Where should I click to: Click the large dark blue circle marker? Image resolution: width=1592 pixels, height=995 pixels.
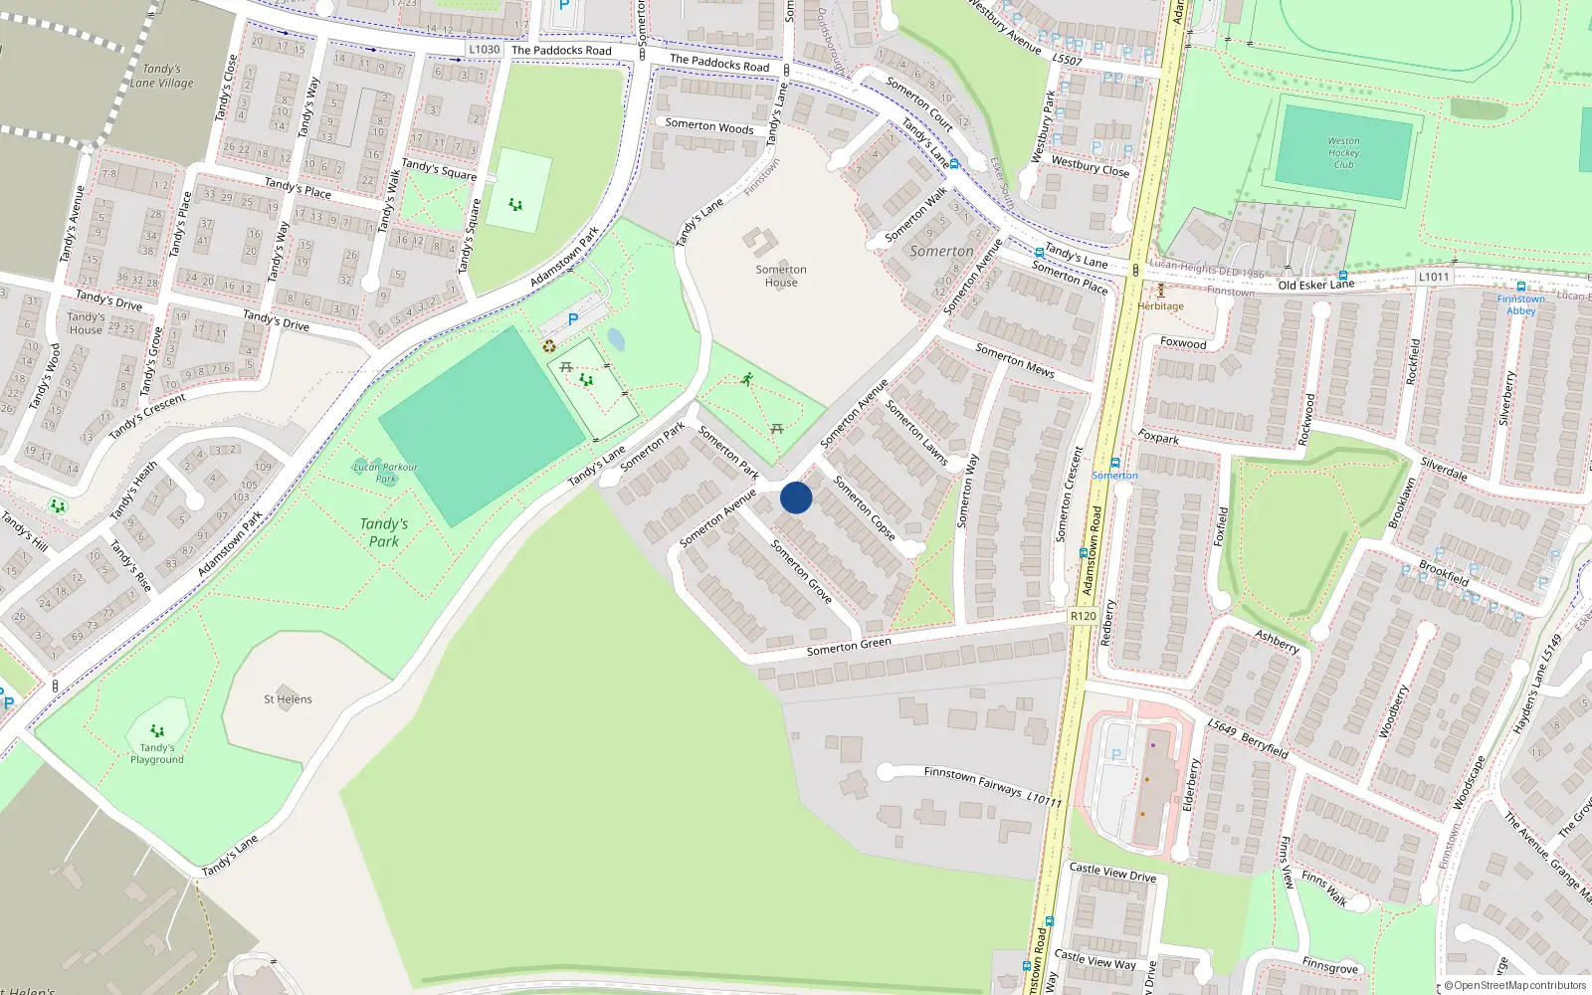(x=796, y=497)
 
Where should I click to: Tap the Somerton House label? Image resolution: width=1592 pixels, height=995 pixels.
(x=781, y=276)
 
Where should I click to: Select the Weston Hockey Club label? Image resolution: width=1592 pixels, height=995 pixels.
(x=1343, y=152)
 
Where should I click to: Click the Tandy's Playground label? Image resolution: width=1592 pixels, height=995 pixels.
(x=157, y=753)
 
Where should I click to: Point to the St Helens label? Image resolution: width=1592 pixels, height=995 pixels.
(x=288, y=699)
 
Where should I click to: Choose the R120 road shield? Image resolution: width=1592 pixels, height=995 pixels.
(x=1084, y=617)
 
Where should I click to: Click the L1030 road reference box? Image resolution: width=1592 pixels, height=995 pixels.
(x=485, y=50)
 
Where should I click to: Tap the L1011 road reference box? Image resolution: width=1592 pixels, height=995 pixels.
(x=1434, y=277)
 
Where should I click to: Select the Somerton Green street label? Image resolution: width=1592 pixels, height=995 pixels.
(x=849, y=646)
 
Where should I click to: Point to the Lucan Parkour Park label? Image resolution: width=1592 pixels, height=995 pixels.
(x=386, y=473)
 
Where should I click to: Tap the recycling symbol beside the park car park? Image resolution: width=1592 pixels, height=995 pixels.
(x=549, y=346)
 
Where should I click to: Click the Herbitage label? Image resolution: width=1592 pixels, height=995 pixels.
(x=1161, y=306)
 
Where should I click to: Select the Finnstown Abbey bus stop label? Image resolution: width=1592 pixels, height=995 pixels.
(x=1521, y=304)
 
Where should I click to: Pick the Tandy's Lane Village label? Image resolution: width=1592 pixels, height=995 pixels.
(x=162, y=76)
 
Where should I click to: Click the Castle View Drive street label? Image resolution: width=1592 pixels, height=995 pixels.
(x=1112, y=873)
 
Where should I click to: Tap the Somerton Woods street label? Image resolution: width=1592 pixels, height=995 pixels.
(x=709, y=126)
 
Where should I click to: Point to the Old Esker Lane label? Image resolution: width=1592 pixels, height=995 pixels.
(x=1315, y=285)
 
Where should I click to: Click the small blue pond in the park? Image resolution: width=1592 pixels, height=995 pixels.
(x=616, y=340)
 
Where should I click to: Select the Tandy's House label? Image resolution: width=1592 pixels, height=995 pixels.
(x=86, y=323)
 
